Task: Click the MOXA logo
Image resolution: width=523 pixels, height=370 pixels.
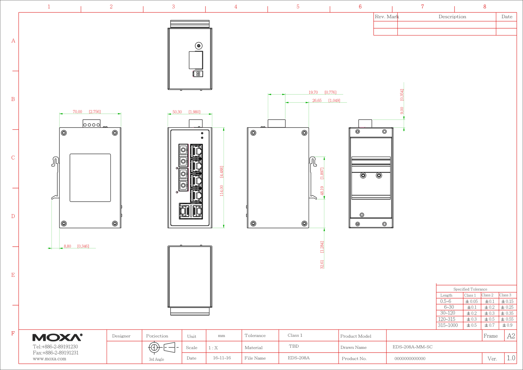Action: point(57,337)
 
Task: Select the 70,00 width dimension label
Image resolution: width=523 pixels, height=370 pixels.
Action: point(77,112)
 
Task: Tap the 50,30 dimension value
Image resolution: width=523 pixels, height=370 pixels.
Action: point(177,112)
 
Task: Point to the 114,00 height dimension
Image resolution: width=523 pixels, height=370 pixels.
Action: point(221,191)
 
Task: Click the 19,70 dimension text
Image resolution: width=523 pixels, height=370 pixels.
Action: point(313,92)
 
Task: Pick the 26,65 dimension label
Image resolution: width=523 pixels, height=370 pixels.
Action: point(317,100)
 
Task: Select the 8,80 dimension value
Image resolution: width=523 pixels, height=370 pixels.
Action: point(67,246)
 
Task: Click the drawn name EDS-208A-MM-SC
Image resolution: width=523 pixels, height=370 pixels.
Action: point(412,347)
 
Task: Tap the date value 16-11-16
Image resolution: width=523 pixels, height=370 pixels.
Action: point(222,358)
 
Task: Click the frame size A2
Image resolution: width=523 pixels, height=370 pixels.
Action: point(511,336)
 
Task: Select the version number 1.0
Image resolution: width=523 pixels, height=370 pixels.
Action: point(511,358)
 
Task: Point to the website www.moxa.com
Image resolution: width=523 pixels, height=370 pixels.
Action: point(50,359)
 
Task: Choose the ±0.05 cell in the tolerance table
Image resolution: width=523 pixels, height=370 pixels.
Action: point(471,301)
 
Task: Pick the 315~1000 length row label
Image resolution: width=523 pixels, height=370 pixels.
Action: point(448,325)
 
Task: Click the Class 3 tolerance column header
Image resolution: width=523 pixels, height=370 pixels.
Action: point(505,295)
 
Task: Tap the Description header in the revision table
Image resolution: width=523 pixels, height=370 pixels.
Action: point(452,17)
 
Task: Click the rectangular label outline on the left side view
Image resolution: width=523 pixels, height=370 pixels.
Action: point(90,154)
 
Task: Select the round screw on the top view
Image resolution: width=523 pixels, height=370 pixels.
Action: point(199,46)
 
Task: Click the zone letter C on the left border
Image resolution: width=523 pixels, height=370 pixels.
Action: point(13,158)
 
